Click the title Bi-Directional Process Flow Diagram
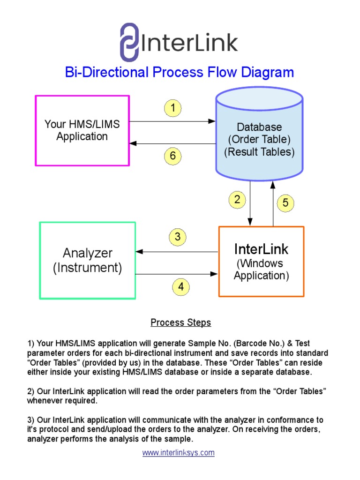(180, 72)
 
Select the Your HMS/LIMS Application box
(82, 131)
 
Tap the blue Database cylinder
(259, 136)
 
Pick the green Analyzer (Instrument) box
(88, 260)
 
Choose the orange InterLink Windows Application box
(261, 262)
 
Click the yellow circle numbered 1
(172, 109)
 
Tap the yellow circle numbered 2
(237, 200)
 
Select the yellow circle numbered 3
(177, 237)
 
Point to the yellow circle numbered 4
(181, 287)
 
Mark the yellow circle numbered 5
(285, 203)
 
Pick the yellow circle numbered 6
(172, 156)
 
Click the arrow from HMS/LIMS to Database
(172, 121)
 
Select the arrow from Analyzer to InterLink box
(177, 274)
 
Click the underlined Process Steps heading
(180, 322)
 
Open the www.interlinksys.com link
(179, 453)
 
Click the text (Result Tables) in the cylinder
(259, 152)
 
